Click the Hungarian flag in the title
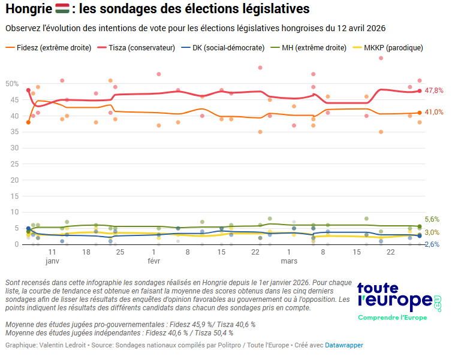pyautogui.click(x=62, y=10)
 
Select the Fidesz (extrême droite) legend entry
pyautogui.click(x=48, y=47)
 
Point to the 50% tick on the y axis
pyautogui.click(x=11, y=83)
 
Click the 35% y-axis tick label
pyautogui.click(x=11, y=131)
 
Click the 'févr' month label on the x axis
pyautogui.click(x=153, y=262)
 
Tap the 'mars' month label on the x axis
pyautogui.click(x=289, y=262)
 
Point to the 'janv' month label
pyautogui.click(x=52, y=262)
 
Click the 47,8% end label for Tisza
pyautogui.click(x=433, y=90)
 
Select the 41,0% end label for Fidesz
pyautogui.click(x=433, y=112)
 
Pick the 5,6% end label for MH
pyautogui.click(x=432, y=220)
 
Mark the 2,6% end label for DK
pyautogui.click(x=432, y=244)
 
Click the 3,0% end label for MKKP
pyautogui.click(x=432, y=232)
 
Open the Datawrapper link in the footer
pyautogui.click(x=344, y=345)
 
